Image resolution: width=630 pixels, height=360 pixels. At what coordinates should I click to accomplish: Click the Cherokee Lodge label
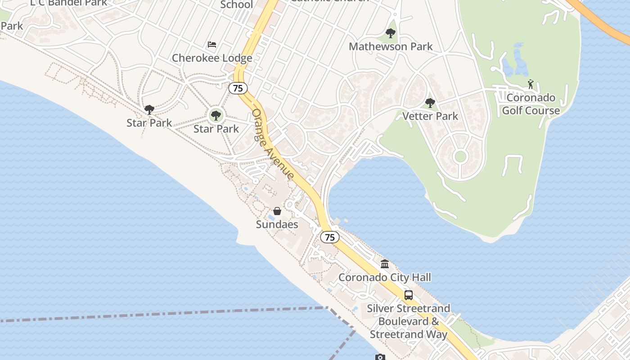click(x=212, y=58)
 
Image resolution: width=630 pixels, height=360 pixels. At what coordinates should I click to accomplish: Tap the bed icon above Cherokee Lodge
click(x=212, y=45)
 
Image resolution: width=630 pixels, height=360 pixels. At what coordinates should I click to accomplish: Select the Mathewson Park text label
click(x=391, y=46)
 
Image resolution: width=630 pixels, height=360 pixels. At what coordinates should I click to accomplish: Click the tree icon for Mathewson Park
click(x=391, y=33)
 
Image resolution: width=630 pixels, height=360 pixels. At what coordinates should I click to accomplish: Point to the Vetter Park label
click(x=430, y=116)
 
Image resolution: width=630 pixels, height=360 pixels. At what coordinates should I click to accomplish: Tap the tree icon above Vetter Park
click(x=430, y=103)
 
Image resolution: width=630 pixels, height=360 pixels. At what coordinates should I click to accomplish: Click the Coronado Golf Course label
click(x=531, y=104)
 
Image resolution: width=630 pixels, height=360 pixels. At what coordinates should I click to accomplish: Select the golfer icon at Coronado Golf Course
click(x=531, y=84)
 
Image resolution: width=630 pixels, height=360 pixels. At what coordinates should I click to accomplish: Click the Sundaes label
click(x=277, y=224)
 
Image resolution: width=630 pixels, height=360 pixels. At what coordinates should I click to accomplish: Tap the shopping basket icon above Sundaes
click(x=277, y=211)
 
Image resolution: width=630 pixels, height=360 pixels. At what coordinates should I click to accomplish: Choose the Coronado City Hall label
click(x=384, y=277)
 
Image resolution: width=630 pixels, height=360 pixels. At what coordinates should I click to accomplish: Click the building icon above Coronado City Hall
click(x=384, y=264)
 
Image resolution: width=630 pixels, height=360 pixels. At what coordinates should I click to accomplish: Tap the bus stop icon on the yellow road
click(x=408, y=295)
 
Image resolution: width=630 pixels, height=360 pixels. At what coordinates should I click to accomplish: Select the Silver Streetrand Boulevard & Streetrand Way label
click(x=408, y=321)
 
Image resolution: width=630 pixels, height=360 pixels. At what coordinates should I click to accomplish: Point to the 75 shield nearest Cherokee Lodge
click(x=238, y=88)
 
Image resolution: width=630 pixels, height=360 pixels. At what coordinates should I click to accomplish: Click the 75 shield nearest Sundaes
click(x=330, y=237)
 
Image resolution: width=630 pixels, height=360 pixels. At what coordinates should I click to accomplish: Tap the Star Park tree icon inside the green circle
click(x=216, y=116)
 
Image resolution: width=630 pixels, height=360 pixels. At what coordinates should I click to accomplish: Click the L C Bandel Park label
click(x=69, y=3)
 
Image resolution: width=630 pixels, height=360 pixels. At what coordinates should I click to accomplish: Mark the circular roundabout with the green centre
click(x=460, y=157)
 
